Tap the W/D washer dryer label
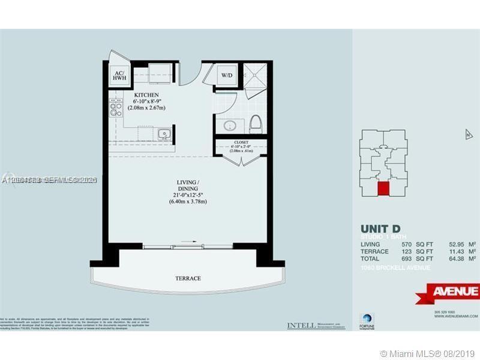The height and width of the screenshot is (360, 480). [x=226, y=76]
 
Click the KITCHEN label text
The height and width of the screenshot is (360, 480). [x=146, y=95]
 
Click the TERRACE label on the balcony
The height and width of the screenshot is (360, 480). [x=188, y=278]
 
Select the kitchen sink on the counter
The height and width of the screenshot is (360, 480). [x=164, y=134]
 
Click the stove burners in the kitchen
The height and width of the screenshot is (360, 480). [x=114, y=110]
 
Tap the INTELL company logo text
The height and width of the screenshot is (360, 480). [x=301, y=326]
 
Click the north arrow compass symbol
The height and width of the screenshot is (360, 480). [x=468, y=135]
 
